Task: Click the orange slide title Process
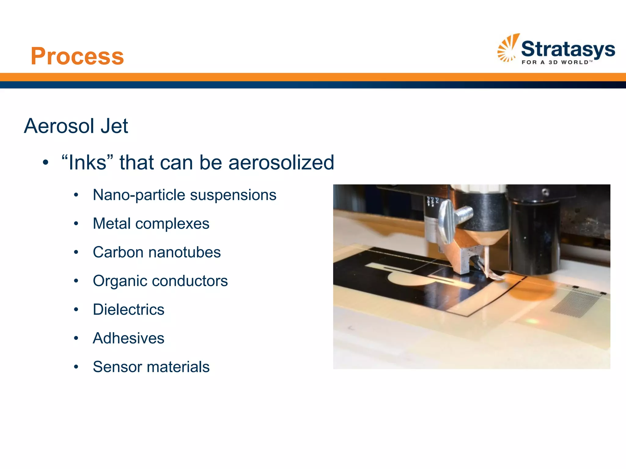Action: pyautogui.click(x=77, y=56)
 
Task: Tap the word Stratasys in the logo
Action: pyautogui.click(x=568, y=49)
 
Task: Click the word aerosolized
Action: pyautogui.click(x=281, y=162)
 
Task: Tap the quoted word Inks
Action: pyautogui.click(x=87, y=162)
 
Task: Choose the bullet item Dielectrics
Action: pyautogui.click(x=128, y=310)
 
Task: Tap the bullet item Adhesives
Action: pyautogui.click(x=128, y=338)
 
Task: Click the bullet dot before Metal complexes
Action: pyautogui.click(x=76, y=224)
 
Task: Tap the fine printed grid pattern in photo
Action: pyautogui.click(x=575, y=304)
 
